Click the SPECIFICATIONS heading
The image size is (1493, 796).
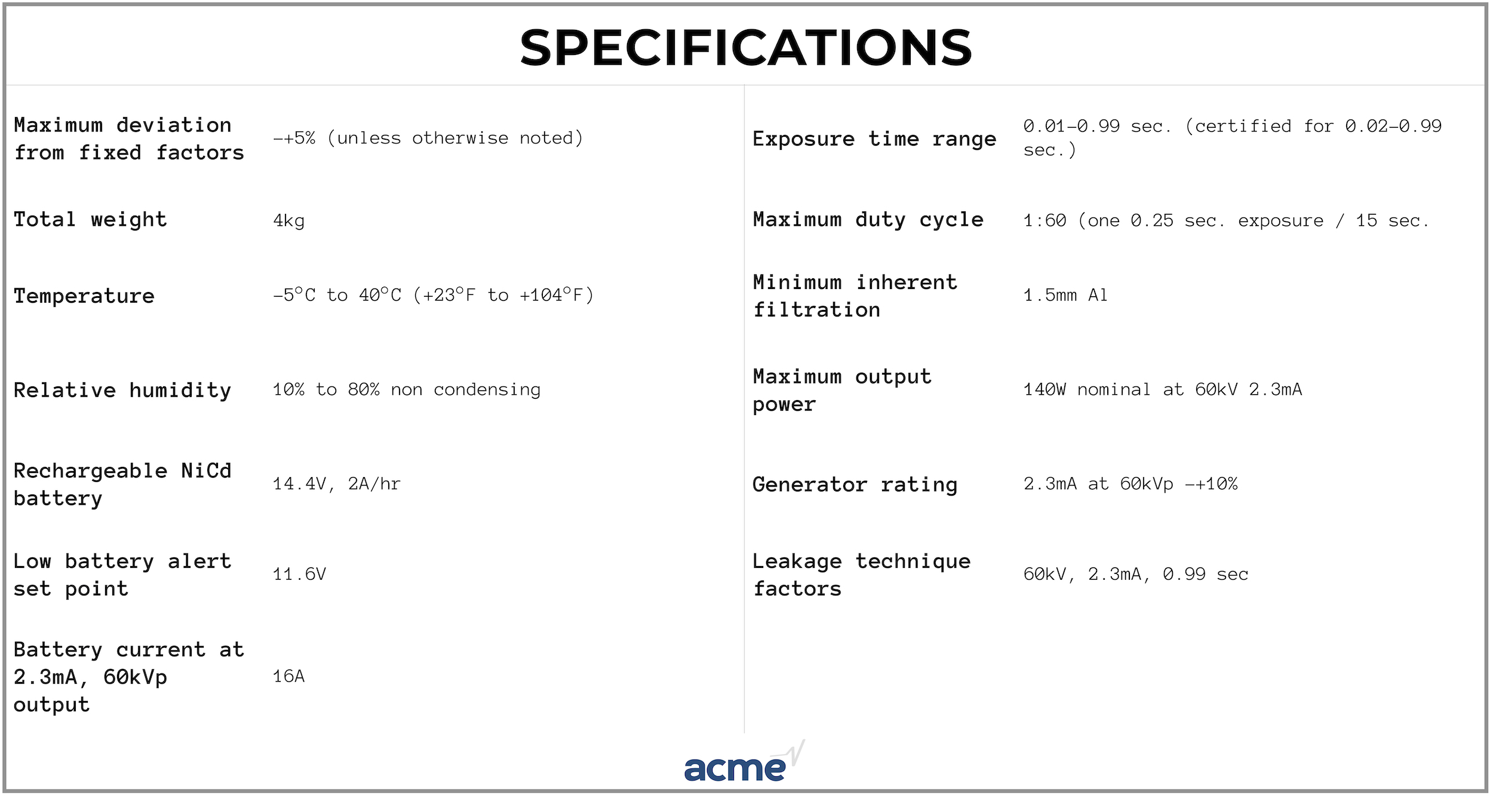point(746,48)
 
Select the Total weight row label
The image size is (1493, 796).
point(90,220)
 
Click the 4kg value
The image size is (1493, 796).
point(289,221)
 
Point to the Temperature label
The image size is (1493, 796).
point(84,296)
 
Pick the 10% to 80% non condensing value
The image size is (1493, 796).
point(407,390)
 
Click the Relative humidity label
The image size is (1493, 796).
point(122,391)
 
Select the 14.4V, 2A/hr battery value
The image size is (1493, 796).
point(337,484)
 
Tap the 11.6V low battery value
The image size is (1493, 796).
point(300,574)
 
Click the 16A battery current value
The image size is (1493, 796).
point(289,677)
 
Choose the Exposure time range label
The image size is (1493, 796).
point(874,139)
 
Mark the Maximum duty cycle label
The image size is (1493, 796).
point(868,220)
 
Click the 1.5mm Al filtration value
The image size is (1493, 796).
point(1065,295)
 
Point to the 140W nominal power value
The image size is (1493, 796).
point(1163,390)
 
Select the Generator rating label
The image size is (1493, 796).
point(855,485)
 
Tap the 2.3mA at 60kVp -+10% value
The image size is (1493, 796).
point(1130,484)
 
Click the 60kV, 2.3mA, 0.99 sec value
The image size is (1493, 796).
point(1136,574)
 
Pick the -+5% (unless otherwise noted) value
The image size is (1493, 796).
point(428,139)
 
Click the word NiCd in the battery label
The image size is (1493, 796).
point(206,471)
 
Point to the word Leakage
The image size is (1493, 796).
point(797,561)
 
